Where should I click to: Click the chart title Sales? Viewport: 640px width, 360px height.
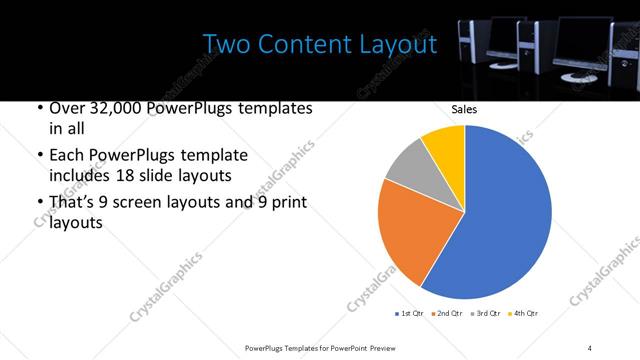click(464, 109)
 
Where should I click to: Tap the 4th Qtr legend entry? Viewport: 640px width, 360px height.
click(522, 314)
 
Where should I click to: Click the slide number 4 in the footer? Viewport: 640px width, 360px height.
click(590, 346)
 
